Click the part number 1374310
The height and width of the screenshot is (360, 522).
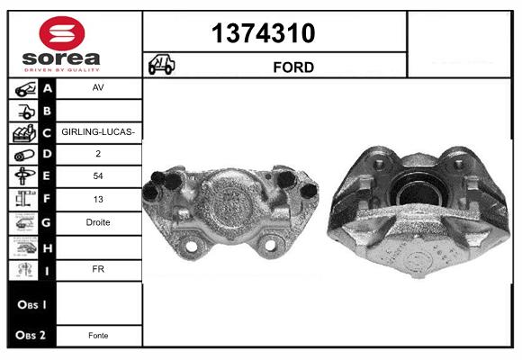coord(263,33)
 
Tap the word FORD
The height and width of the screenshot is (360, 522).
coord(293,67)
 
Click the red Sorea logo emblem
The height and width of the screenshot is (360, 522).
coord(62,33)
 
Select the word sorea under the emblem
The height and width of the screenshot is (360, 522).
coord(61,58)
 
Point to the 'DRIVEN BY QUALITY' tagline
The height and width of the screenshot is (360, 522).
coord(62,70)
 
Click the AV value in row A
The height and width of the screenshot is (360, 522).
coord(98,87)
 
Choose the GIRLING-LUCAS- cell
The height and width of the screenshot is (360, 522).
coord(98,132)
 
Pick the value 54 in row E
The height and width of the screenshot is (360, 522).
coord(98,175)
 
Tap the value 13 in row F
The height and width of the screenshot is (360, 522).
coord(98,199)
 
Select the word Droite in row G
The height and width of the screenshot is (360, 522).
coord(98,222)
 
